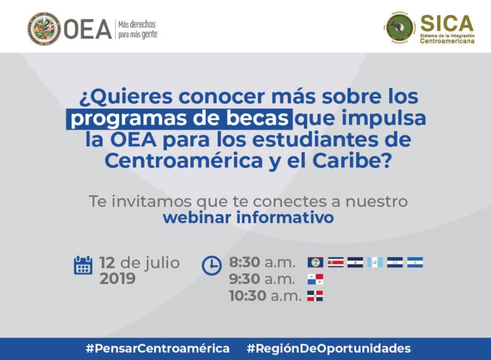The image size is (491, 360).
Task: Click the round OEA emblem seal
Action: pyautogui.click(x=44, y=29)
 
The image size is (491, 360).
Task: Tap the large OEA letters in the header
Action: pyautogui.click(x=88, y=29)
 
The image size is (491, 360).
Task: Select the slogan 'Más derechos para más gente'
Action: pyautogui.click(x=138, y=29)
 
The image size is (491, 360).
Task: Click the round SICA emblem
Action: pyautogui.click(x=400, y=28)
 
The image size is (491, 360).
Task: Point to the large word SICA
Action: pyautogui.click(x=446, y=23)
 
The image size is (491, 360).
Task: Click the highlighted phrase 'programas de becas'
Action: pyautogui.click(x=179, y=118)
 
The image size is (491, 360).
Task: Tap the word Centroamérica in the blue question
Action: pyautogui.click(x=183, y=161)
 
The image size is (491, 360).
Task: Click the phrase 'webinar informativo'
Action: pyautogui.click(x=248, y=218)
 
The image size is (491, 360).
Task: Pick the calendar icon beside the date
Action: pyautogui.click(x=83, y=265)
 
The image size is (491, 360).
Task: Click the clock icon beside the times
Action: pyautogui.click(x=212, y=266)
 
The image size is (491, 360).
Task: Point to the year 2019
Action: pyautogui.click(x=117, y=279)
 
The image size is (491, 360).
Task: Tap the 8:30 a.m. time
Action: pyautogui.click(x=262, y=262)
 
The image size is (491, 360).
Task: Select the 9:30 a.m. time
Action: pyautogui.click(x=262, y=279)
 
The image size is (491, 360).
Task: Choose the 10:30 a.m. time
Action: pyautogui.click(x=265, y=295)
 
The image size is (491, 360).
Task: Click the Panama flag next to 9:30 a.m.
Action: pyautogui.click(x=315, y=279)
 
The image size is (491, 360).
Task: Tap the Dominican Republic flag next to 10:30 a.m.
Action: pyautogui.click(x=315, y=296)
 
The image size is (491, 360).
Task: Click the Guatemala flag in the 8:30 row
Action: pyautogui.click(x=375, y=262)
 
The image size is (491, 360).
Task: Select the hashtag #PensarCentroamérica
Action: pyautogui.click(x=158, y=348)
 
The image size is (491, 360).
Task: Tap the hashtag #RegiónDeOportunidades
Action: pyautogui.click(x=329, y=348)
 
